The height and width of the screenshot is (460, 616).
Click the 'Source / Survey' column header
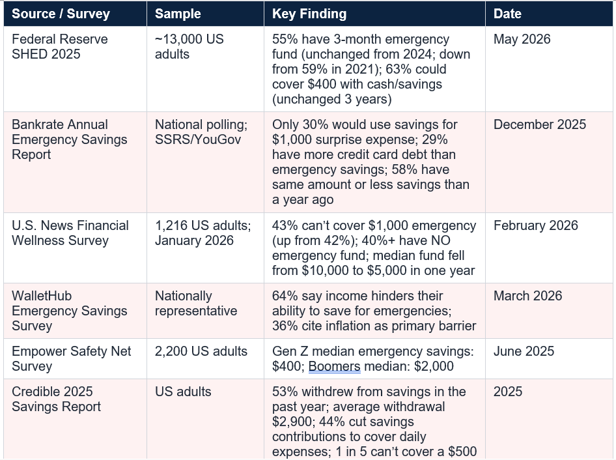pyautogui.click(x=61, y=14)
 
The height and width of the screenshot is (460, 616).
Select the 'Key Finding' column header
pyautogui.click(x=309, y=14)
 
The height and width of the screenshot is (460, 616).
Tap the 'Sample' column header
pyautogui.click(x=178, y=14)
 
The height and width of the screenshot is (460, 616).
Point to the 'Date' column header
pyautogui.click(x=507, y=14)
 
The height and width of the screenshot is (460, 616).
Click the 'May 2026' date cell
pyautogui.click(x=522, y=39)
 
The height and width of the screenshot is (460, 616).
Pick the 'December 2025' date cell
pyautogui.click(x=540, y=124)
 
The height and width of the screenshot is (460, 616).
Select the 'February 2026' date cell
pyautogui.click(x=536, y=225)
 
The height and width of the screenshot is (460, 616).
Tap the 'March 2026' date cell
pyautogui.click(x=527, y=296)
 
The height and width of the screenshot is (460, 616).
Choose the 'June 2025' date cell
pyautogui.click(x=524, y=351)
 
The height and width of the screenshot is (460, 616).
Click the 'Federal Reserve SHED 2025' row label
pyautogui.click(x=60, y=47)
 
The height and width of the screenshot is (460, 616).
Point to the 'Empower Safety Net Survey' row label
pyautogui.click(x=71, y=359)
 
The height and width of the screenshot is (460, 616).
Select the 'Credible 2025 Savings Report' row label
pyautogui.click(x=56, y=399)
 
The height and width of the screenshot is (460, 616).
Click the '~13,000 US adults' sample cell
pyautogui.click(x=189, y=47)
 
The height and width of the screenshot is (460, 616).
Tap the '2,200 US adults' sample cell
pyautogui.click(x=201, y=351)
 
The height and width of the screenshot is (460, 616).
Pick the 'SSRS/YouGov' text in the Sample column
pyautogui.click(x=197, y=139)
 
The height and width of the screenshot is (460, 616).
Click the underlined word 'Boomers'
pyautogui.click(x=334, y=366)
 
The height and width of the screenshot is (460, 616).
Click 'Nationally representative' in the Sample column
pyautogui.click(x=196, y=304)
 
